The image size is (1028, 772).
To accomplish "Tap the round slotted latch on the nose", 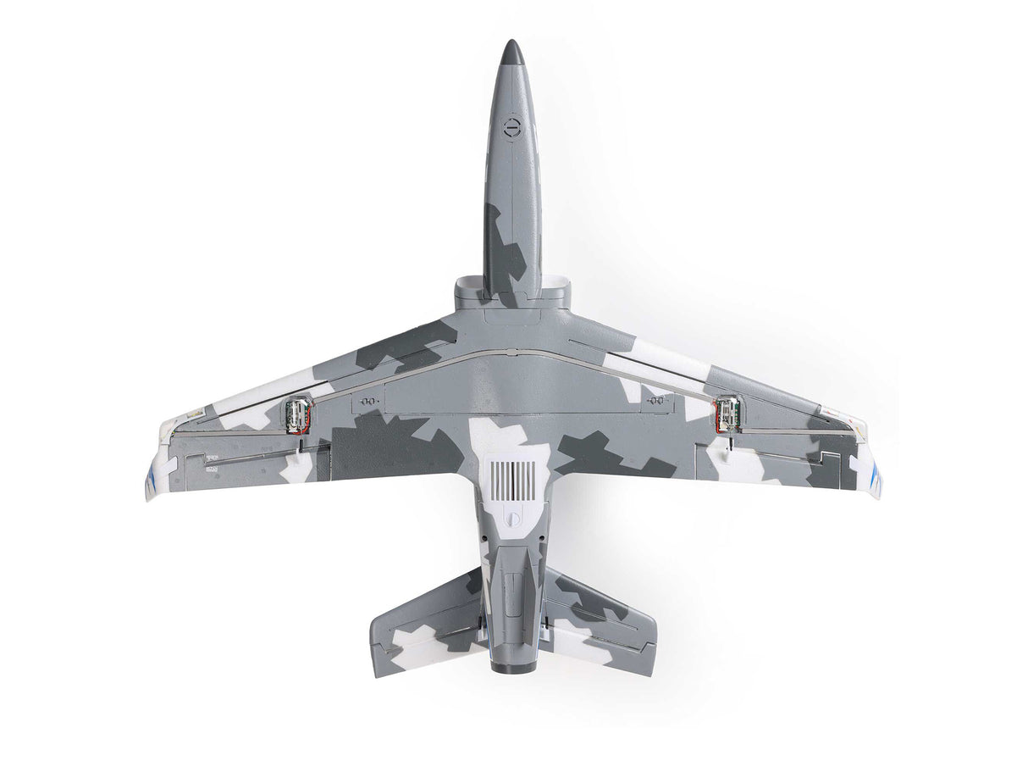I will pyautogui.click(x=511, y=129).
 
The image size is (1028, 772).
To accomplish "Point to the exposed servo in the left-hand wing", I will pyautogui.click(x=297, y=414).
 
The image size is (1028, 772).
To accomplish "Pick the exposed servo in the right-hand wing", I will pyautogui.click(x=727, y=414).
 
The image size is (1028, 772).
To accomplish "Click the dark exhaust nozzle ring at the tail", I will pyautogui.click(x=513, y=667).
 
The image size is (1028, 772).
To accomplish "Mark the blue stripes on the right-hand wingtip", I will pyautogui.click(x=872, y=475).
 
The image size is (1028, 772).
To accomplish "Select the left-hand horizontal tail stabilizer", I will pyautogui.click(x=423, y=623).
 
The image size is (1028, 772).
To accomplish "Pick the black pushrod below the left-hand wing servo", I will pyautogui.click(x=300, y=440).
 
